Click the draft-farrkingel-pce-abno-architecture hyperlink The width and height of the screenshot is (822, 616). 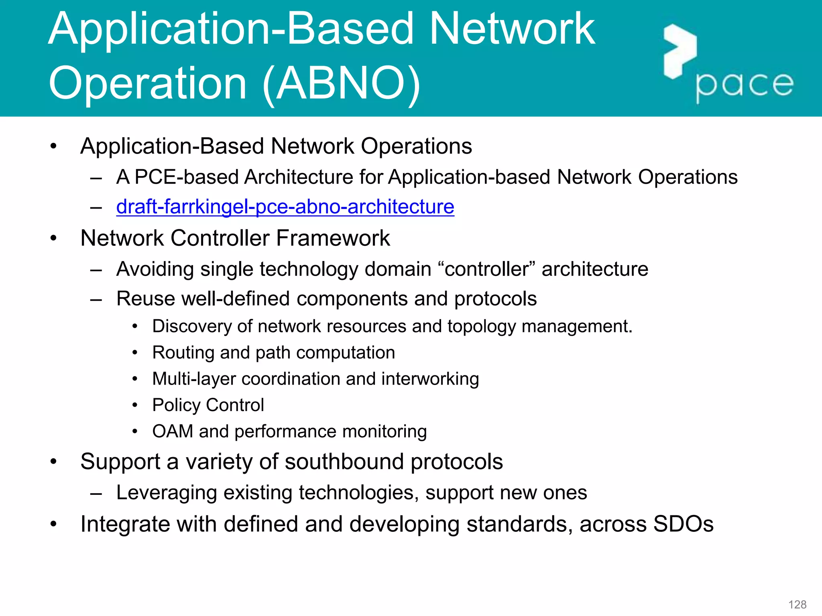coord(285,207)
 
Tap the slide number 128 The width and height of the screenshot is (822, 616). coord(797,604)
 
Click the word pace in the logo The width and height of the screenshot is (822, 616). coord(745,85)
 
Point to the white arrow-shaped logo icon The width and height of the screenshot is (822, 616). coord(679,51)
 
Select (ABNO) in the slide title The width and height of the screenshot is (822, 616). coord(341,83)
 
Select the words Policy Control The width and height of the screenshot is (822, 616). coord(208,405)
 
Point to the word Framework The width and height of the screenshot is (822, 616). coord(333,238)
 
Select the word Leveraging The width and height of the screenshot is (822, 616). coord(166,493)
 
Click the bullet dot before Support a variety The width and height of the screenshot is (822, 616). coord(53,462)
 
